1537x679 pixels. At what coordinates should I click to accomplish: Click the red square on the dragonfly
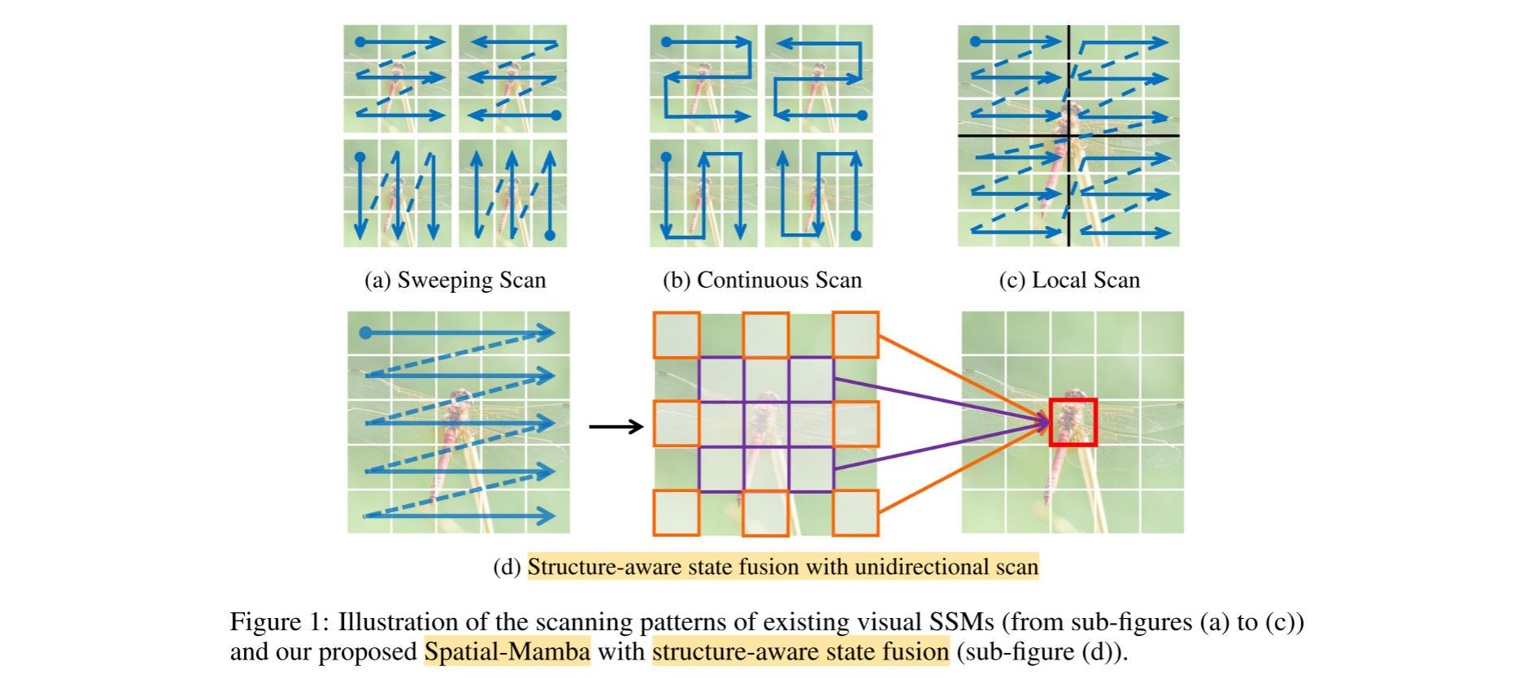[1073, 422]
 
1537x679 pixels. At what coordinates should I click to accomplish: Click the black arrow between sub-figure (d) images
[616, 426]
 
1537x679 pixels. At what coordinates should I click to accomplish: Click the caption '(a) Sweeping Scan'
[455, 281]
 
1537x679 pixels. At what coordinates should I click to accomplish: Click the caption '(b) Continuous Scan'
[762, 281]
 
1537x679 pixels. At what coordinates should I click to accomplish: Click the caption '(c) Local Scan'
[1069, 281]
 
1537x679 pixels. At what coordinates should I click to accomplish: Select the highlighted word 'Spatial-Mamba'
[507, 652]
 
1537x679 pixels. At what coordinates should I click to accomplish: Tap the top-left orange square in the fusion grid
[676, 335]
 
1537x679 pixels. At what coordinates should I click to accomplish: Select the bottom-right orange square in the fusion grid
[855, 512]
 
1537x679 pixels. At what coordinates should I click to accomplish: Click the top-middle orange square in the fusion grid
[765, 335]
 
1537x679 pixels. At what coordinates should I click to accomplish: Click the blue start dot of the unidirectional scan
[365, 333]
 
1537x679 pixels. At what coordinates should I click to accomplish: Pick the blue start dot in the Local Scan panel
[976, 41]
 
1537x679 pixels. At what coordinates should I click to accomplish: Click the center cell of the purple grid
[766, 424]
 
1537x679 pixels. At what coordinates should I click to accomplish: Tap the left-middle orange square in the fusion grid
[676, 424]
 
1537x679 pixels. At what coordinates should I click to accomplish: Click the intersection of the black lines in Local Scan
[1069, 136]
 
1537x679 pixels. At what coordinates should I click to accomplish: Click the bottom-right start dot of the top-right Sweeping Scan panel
[556, 115]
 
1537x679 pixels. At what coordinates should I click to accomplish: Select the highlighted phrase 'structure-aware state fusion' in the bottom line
[800, 652]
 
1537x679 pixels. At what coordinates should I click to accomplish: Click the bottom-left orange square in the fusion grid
[676, 512]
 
